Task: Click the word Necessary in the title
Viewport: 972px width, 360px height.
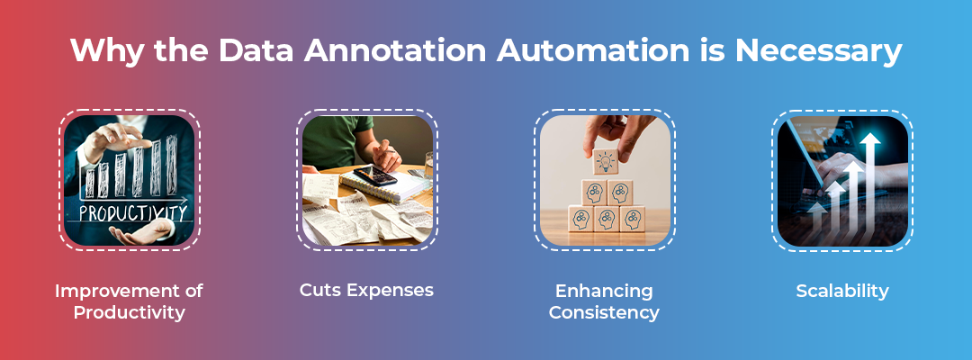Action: point(817,51)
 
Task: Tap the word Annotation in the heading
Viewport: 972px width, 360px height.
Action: point(395,50)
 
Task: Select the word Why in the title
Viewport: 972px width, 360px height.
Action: point(107,51)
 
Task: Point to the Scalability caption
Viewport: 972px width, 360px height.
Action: point(841,291)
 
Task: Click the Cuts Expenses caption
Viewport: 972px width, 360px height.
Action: point(366,290)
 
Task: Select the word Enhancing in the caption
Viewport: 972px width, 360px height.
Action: point(604,291)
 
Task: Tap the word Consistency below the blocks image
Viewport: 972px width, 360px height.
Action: point(604,312)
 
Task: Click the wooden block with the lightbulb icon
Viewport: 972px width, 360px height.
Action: point(606,162)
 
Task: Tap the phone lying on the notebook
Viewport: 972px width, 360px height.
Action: point(375,175)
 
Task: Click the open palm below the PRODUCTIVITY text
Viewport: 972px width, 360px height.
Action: point(141,233)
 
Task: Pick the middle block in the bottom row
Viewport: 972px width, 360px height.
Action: point(606,219)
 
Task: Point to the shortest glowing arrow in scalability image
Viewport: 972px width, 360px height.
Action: point(817,223)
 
